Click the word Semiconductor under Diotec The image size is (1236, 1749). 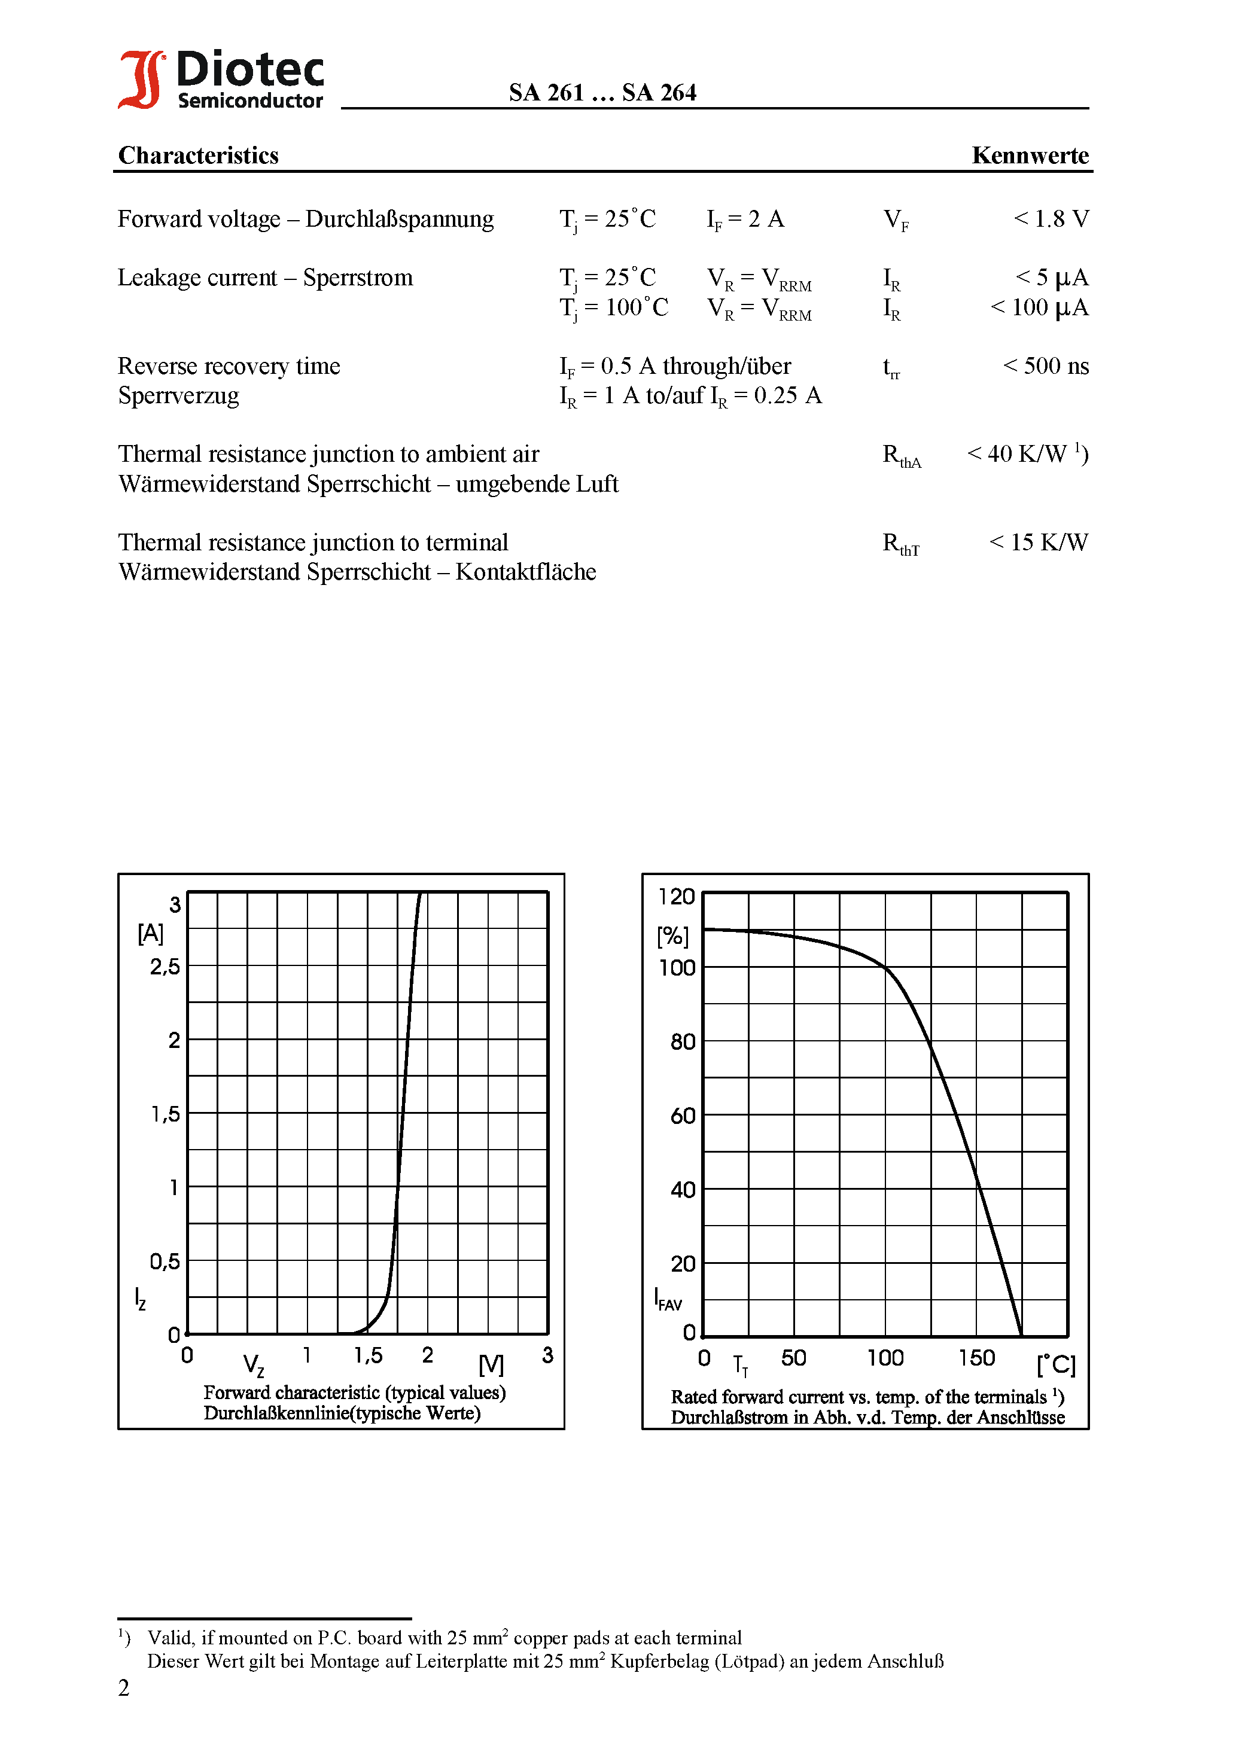click(x=250, y=100)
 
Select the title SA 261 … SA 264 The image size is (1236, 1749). click(x=602, y=92)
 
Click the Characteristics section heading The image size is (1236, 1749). click(x=198, y=155)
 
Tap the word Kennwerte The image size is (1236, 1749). click(x=1030, y=155)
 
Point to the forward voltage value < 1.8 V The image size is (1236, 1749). click(x=1051, y=219)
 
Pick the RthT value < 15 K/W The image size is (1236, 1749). click(x=1038, y=543)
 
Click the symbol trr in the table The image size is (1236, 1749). click(x=891, y=368)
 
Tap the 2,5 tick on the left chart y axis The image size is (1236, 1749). click(x=165, y=967)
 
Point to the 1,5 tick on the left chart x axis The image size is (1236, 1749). click(x=368, y=1355)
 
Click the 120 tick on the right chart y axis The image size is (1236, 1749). click(x=677, y=897)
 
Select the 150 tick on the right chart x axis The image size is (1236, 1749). click(x=976, y=1358)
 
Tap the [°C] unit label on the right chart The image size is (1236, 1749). click(x=1055, y=1364)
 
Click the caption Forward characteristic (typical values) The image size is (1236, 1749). click(x=354, y=1393)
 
